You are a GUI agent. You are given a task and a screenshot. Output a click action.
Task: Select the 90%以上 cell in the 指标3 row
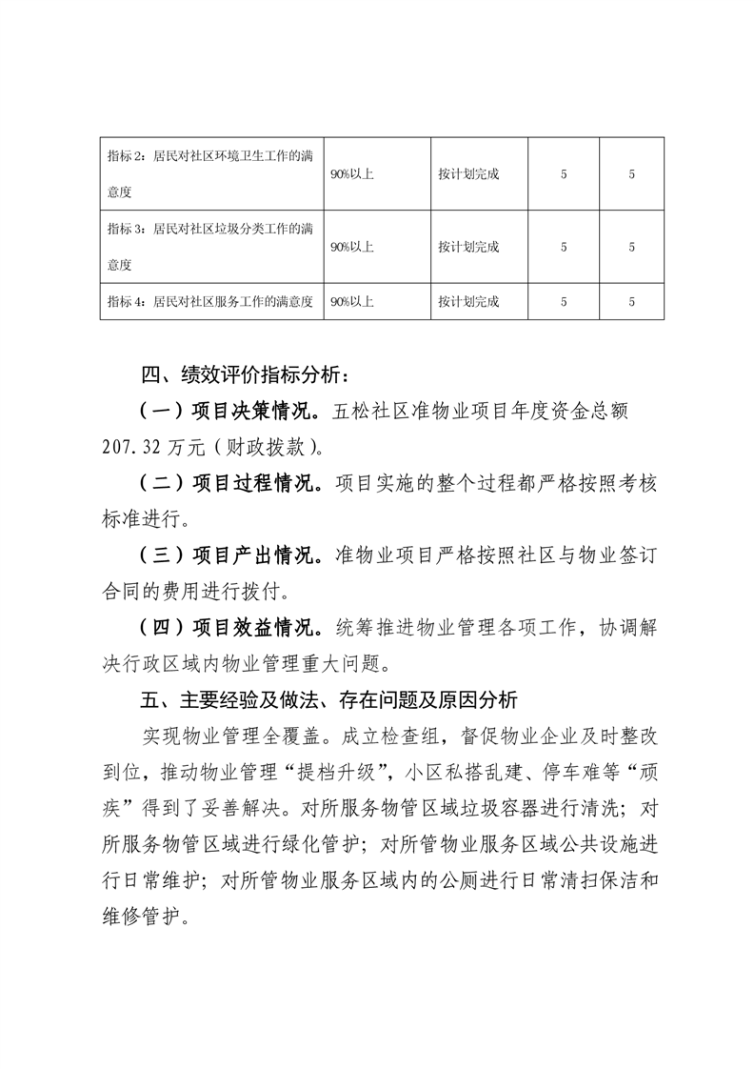351,247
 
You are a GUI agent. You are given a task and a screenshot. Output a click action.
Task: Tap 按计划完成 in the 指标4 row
468,302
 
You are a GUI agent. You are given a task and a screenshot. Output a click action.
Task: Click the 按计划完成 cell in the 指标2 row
468,174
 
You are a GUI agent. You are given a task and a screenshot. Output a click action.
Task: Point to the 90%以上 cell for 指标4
351,302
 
